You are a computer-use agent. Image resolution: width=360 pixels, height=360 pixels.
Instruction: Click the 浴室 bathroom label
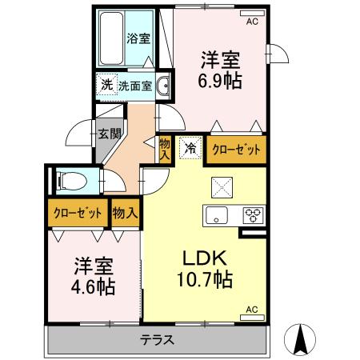coord(138,37)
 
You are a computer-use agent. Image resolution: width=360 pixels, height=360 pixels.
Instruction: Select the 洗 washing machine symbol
coord(106,85)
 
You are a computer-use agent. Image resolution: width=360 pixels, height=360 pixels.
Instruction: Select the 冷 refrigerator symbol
coord(190,147)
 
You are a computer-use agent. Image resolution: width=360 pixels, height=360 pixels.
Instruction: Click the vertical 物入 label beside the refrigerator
coord(164,148)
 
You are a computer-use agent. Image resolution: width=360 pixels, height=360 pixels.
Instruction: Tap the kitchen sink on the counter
coord(217,214)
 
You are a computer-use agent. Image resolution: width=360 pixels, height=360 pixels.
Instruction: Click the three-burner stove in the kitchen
coord(254,214)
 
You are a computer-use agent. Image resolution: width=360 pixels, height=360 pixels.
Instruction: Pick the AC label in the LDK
coord(250,308)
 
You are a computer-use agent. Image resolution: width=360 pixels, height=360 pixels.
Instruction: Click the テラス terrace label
coord(158,339)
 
